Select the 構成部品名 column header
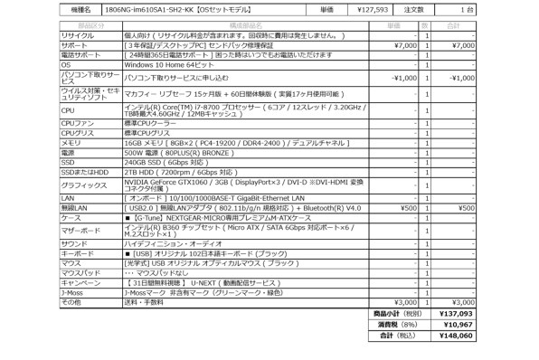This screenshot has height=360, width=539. tap(244, 26)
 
